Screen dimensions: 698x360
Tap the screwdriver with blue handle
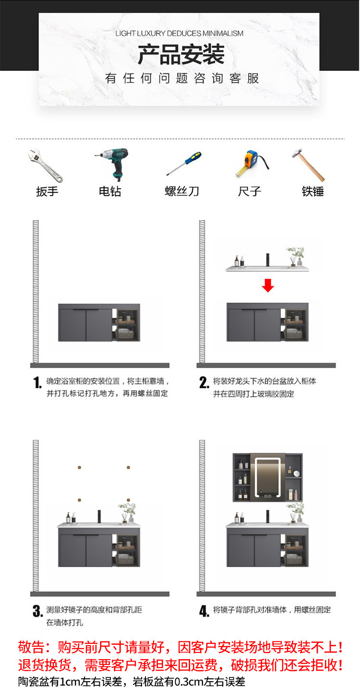(x=184, y=164)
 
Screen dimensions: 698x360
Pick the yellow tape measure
(x=251, y=163)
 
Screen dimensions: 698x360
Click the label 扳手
(x=47, y=191)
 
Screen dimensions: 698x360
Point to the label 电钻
(x=110, y=191)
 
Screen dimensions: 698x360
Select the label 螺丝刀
(x=182, y=191)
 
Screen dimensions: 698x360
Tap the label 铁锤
(x=312, y=191)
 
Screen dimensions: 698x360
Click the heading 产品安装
(x=181, y=55)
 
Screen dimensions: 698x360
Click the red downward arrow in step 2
(x=268, y=286)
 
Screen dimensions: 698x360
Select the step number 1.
(x=37, y=383)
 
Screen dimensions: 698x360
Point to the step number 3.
(x=37, y=612)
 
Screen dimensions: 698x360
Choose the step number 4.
(x=204, y=611)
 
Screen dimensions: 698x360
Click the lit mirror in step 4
(x=267, y=478)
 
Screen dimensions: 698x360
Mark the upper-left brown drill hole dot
(x=79, y=467)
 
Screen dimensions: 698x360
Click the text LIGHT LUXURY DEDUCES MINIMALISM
(x=179, y=34)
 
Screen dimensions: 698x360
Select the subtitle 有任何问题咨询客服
(x=182, y=79)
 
